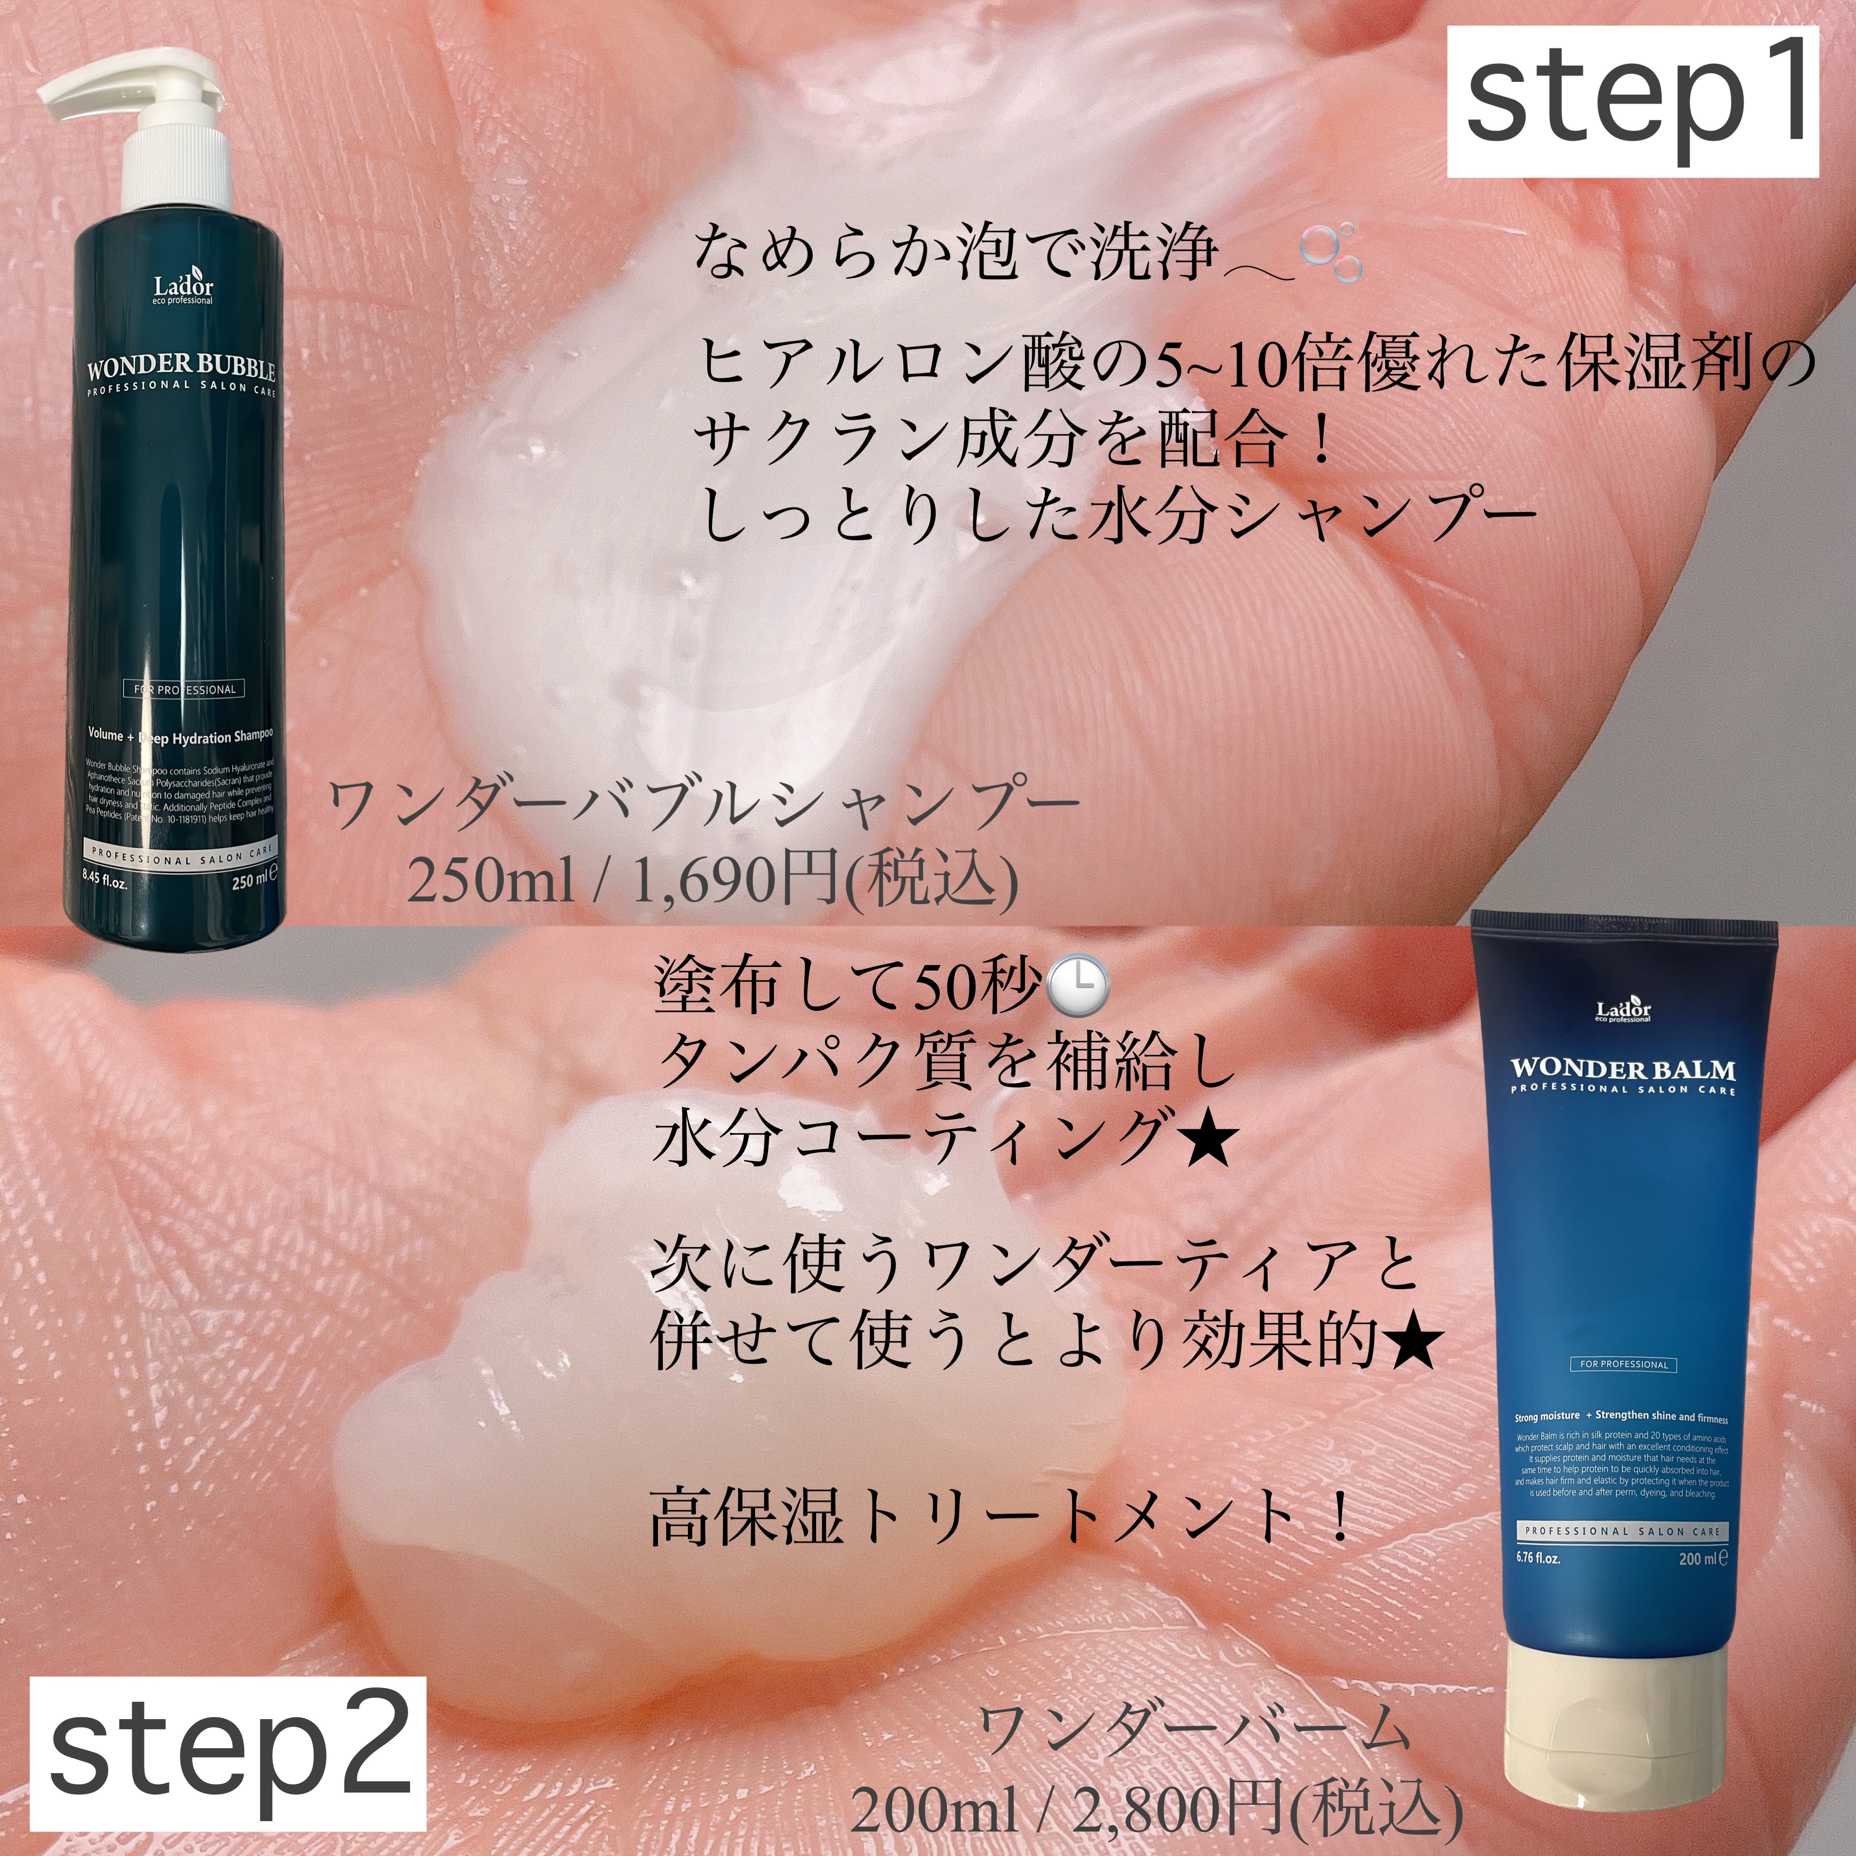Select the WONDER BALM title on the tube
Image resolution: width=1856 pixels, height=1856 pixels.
click(x=1623, y=1069)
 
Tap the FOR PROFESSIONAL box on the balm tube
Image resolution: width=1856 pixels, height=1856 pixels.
click(x=1624, y=1364)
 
